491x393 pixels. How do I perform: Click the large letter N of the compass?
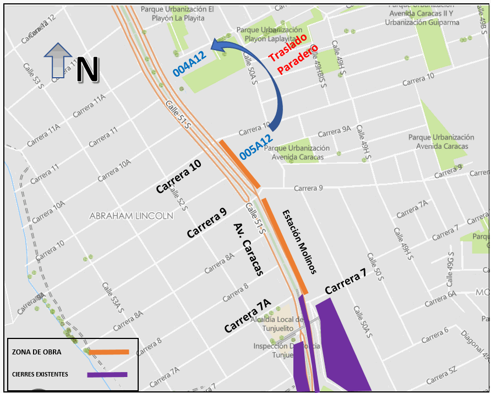click(x=87, y=69)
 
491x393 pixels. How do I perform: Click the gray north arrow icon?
click(x=57, y=60)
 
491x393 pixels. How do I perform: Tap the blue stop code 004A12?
click(x=189, y=63)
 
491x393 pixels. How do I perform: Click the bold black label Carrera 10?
click(x=178, y=176)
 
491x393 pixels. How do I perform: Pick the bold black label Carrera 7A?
click(x=248, y=316)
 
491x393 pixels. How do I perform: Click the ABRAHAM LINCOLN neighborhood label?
click(x=131, y=216)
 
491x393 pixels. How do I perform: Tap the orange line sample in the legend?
click(x=108, y=352)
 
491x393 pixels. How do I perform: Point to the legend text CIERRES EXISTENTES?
click(x=40, y=375)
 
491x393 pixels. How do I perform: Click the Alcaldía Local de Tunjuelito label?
click(x=277, y=324)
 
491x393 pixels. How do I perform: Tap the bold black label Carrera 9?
click(x=206, y=223)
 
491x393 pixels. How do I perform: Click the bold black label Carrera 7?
click(x=345, y=283)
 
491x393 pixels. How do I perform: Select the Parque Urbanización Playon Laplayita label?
click(x=269, y=34)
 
